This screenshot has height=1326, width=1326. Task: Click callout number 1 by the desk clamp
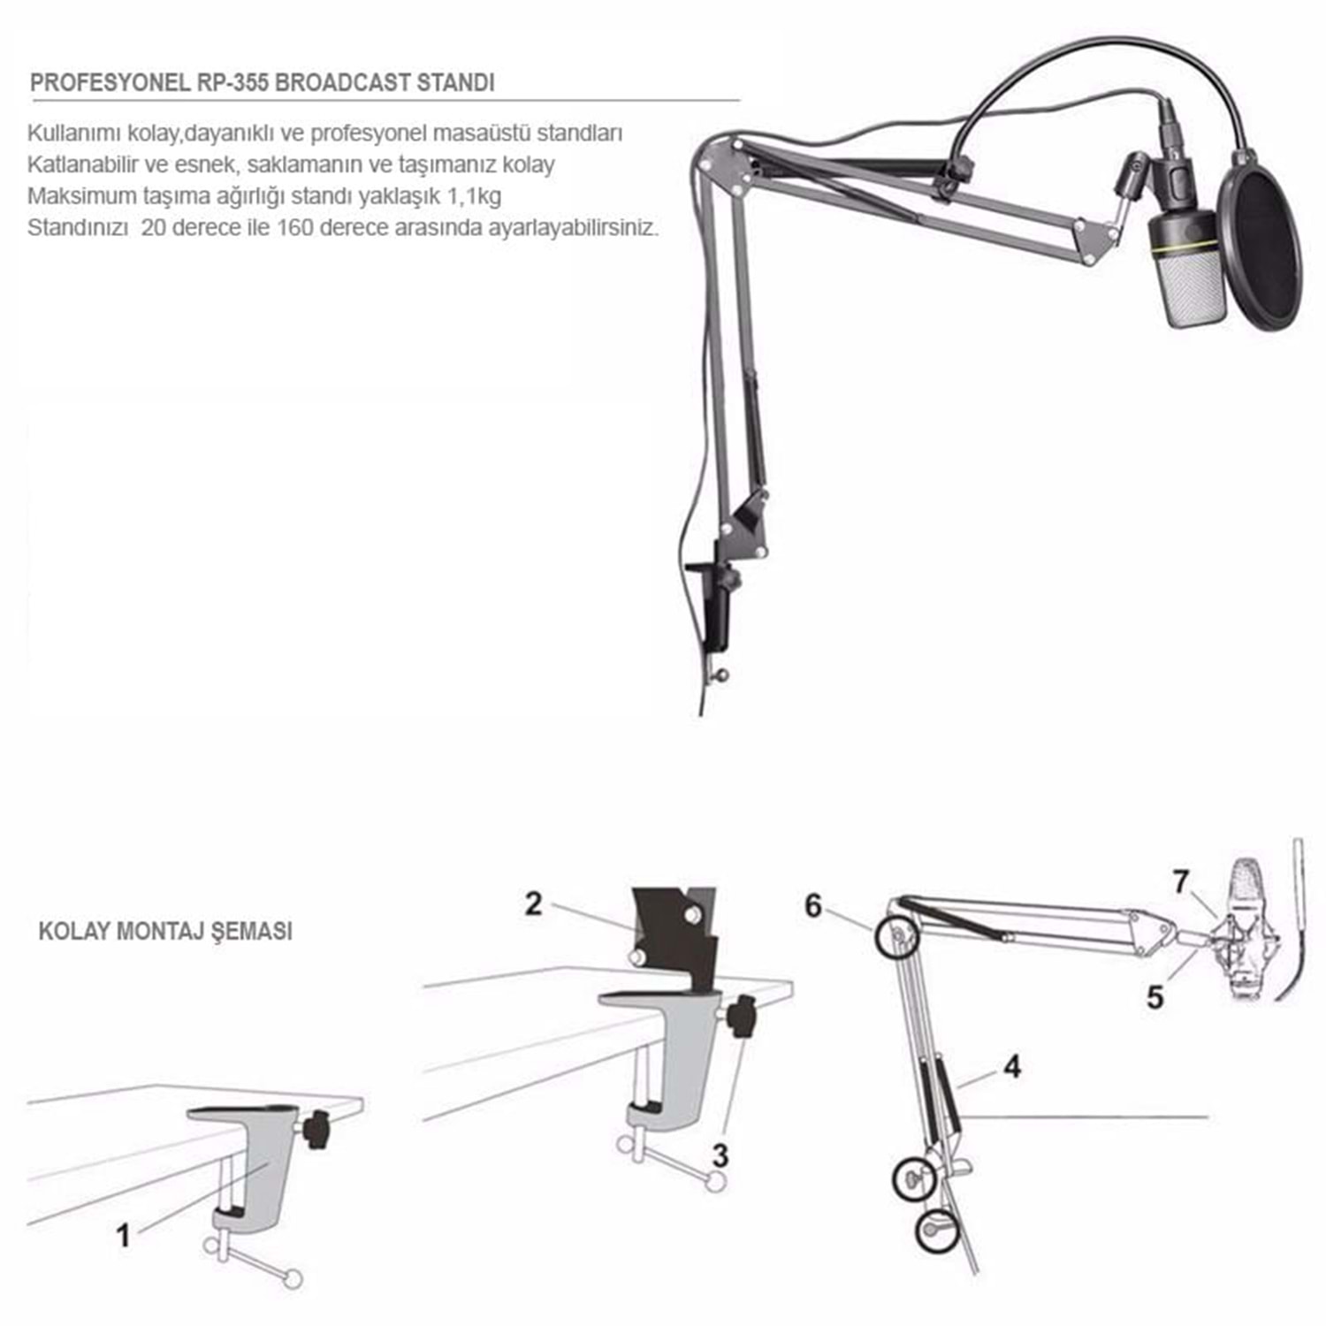[x=124, y=1235]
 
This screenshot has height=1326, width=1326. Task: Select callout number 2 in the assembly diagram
[x=533, y=903]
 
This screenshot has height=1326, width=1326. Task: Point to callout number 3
[x=720, y=1155]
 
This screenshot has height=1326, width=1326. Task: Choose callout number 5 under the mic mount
[x=1155, y=997]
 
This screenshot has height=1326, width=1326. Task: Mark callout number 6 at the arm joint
[x=813, y=906]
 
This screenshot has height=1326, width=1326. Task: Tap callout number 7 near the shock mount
[x=1181, y=881]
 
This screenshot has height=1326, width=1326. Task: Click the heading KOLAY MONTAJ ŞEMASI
[x=165, y=931]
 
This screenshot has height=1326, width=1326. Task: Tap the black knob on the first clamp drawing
[x=315, y=1132]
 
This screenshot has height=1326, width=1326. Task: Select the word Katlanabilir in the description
[x=79, y=164]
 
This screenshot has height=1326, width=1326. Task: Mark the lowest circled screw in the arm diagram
[x=936, y=1229]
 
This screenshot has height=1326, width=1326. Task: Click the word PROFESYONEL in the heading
[x=110, y=83]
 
